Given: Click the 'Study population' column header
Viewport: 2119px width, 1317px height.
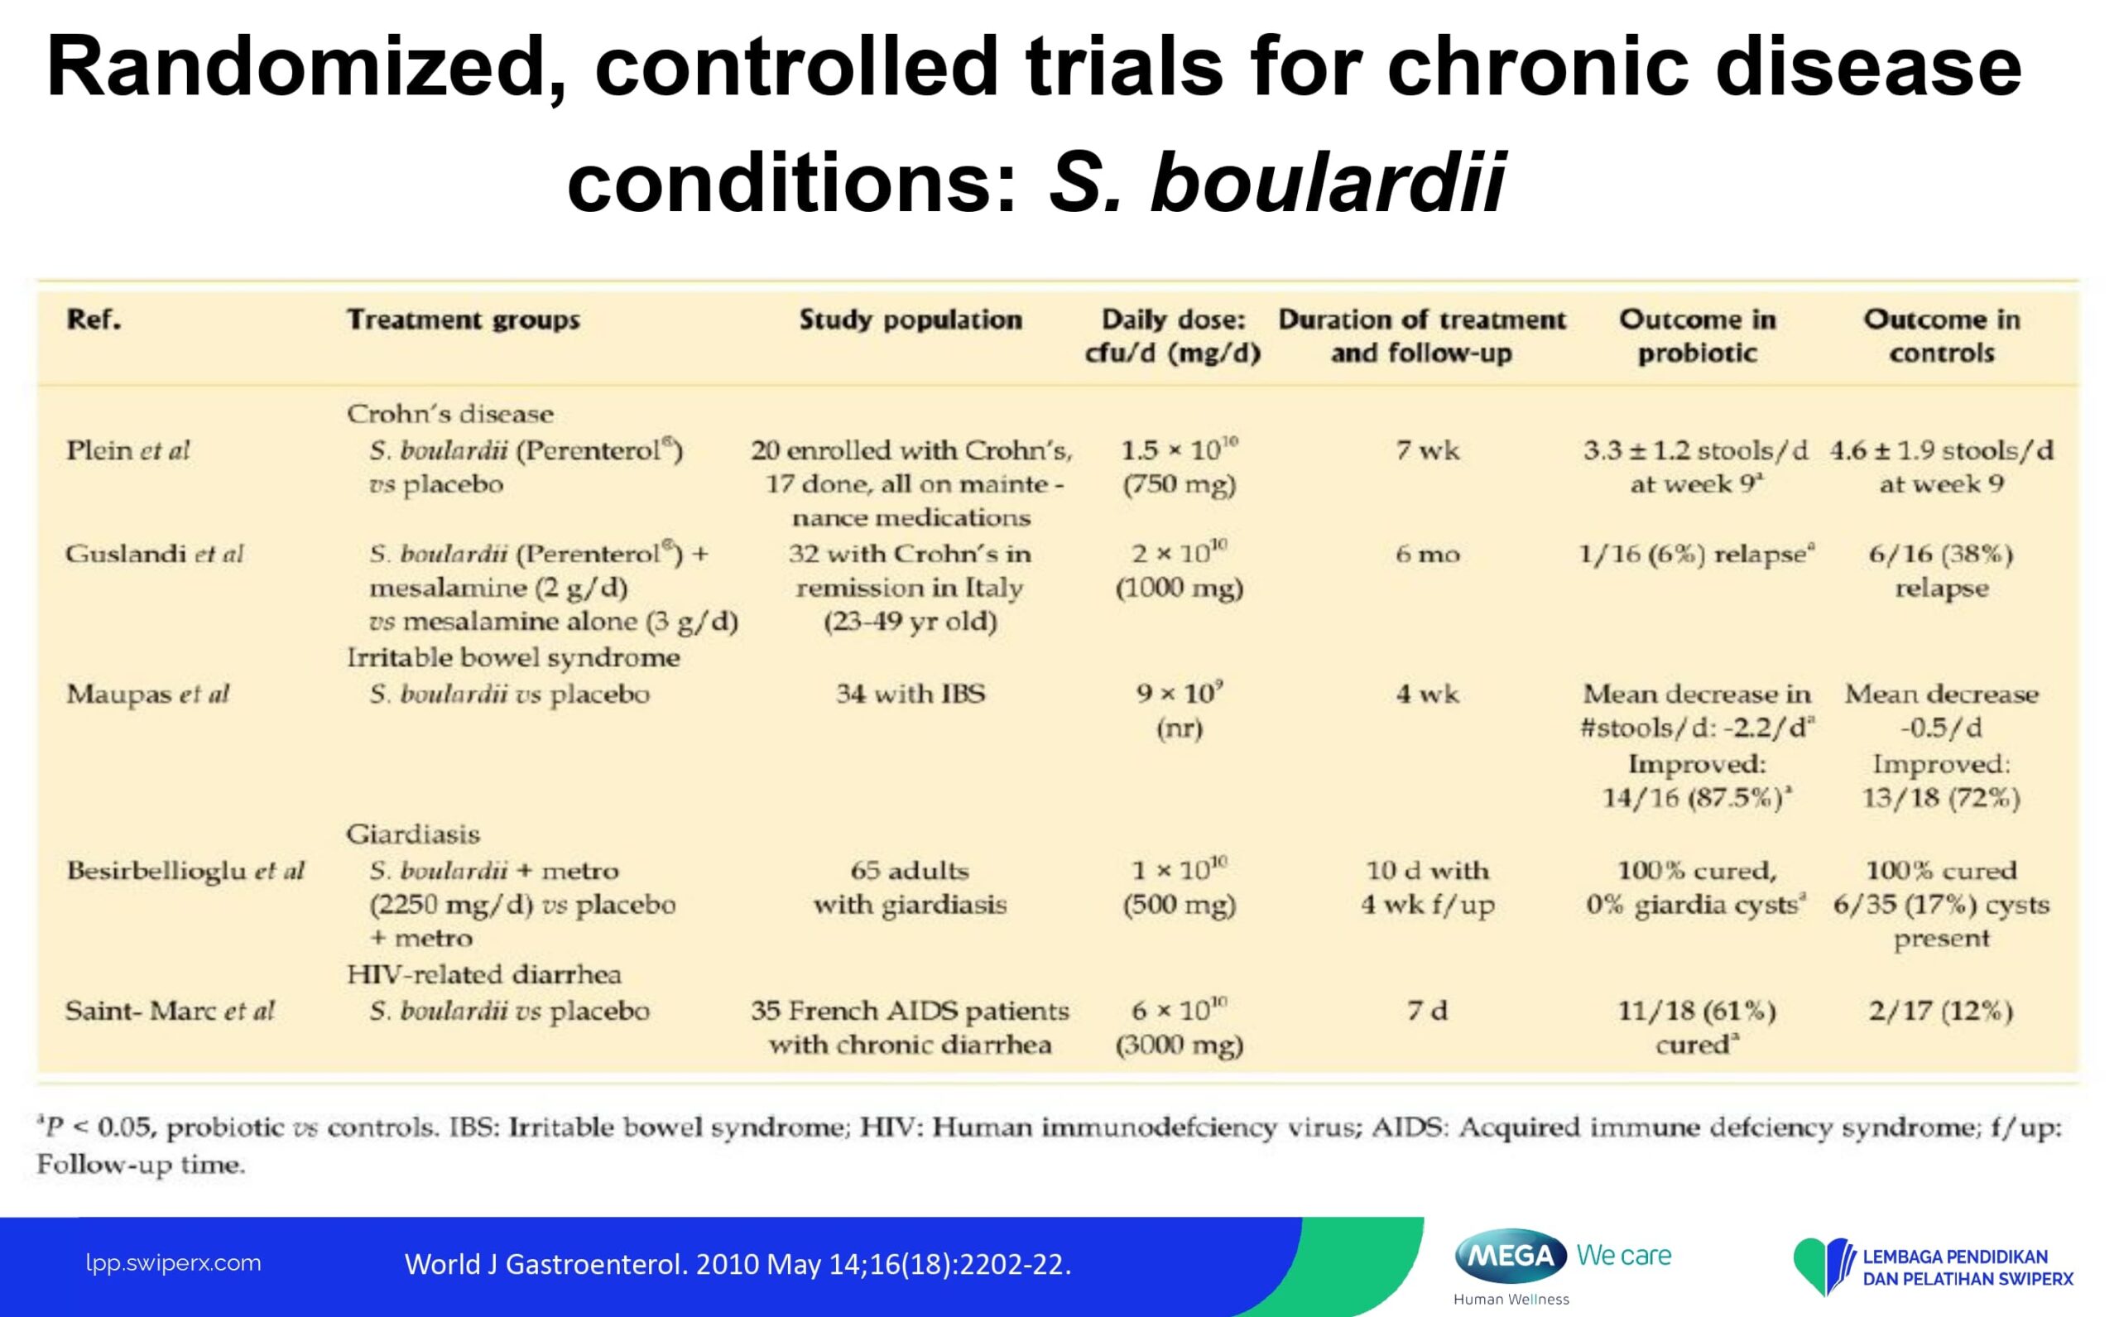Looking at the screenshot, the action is point(911,320).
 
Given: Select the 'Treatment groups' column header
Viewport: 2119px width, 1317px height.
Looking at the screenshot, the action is point(464,320).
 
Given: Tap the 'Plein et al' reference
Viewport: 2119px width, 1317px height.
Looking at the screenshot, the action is point(127,451).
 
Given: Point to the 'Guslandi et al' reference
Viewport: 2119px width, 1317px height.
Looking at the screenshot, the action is point(154,555).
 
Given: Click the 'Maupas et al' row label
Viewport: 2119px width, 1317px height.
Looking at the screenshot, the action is point(147,695).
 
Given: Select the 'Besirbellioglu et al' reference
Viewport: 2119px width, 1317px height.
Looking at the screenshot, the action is point(185,871).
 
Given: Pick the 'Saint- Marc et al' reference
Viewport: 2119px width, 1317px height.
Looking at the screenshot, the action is point(170,1012).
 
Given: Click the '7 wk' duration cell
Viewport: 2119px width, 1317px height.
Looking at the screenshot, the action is point(1428,451).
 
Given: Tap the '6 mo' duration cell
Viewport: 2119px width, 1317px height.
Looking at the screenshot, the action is point(1428,555).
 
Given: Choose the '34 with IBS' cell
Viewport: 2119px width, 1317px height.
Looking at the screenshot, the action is point(911,695).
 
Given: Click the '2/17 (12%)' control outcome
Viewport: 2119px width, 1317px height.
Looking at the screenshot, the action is point(1941,1012).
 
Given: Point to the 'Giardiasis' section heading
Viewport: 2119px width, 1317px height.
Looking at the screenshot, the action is point(413,834).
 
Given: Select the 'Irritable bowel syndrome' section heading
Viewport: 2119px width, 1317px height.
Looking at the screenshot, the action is point(513,657).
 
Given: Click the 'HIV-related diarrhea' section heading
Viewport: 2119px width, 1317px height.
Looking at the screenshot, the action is point(484,973).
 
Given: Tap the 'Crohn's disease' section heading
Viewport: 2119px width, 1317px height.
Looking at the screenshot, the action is point(449,414).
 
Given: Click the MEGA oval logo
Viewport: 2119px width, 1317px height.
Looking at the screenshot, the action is point(1511,1256).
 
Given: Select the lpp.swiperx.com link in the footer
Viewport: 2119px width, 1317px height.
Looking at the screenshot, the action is point(173,1263).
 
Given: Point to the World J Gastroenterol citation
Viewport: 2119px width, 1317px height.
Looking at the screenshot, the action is point(738,1264).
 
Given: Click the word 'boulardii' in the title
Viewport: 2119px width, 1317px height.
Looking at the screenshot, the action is point(1329,182).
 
